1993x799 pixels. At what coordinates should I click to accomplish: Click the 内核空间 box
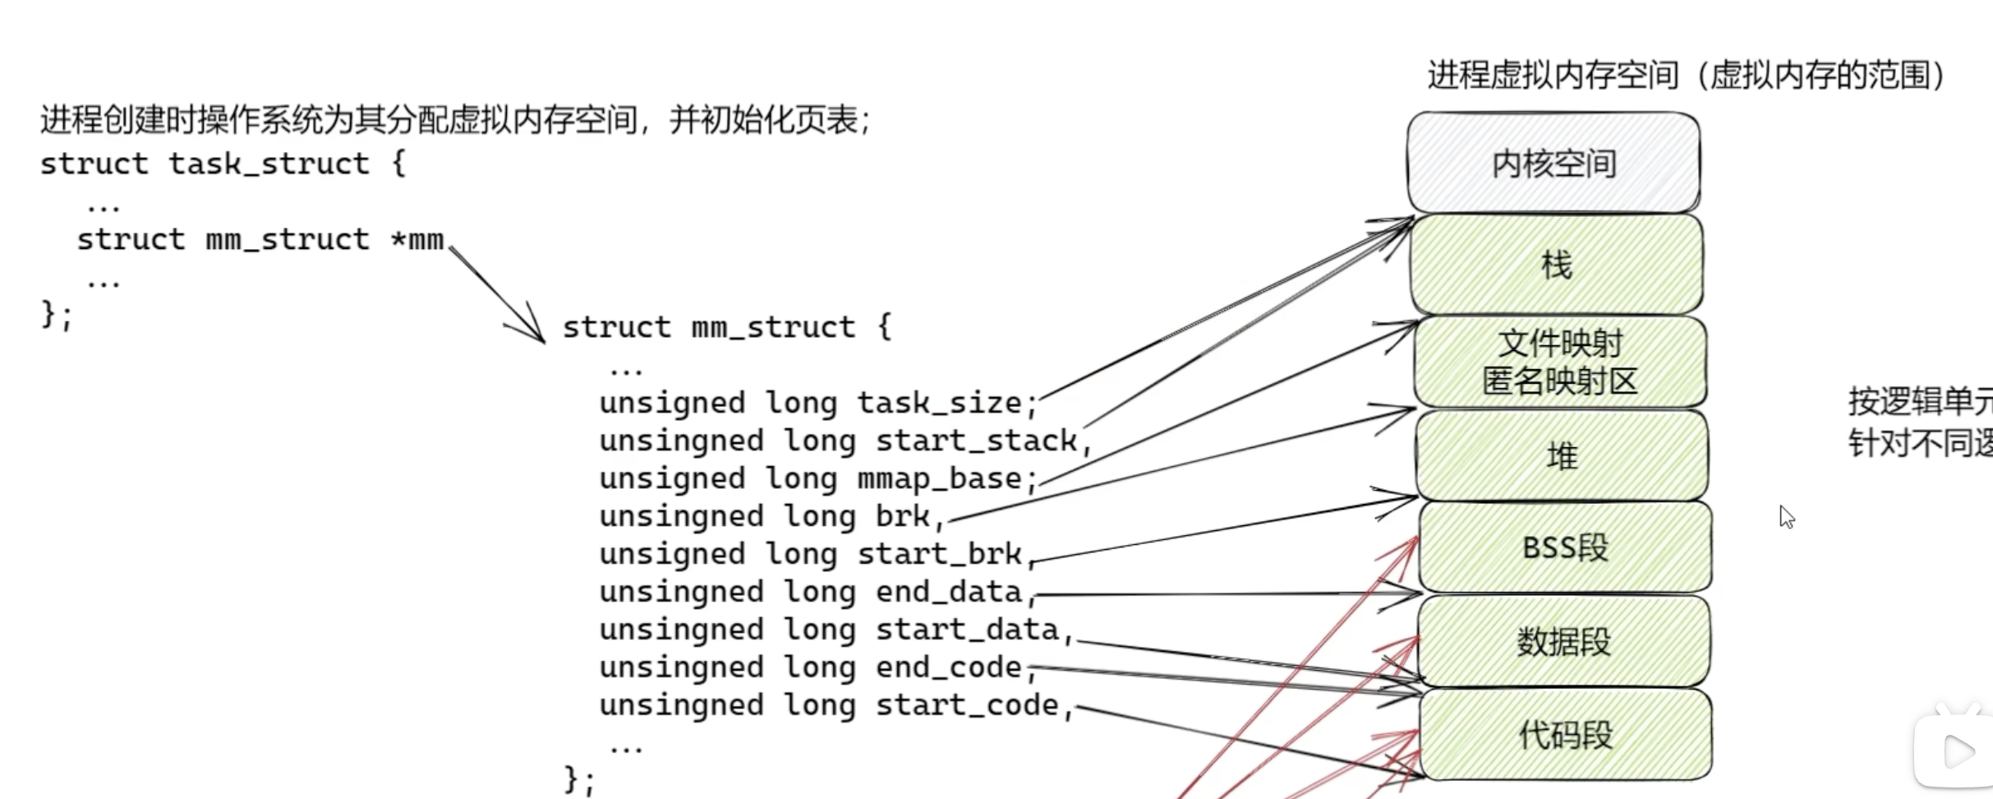tap(1553, 163)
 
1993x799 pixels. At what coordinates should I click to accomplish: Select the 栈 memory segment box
tap(1556, 265)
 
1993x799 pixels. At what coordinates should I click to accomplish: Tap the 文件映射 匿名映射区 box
tap(1559, 362)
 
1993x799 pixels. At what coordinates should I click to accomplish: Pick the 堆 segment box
tap(1562, 455)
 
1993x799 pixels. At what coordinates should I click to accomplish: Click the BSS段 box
tap(1564, 547)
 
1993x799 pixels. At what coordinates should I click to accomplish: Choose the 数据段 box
tap(1563, 641)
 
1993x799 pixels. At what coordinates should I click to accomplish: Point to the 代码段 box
tap(1565, 734)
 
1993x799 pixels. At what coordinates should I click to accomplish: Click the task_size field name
tap(939, 403)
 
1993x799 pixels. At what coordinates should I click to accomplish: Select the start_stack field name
tap(975, 441)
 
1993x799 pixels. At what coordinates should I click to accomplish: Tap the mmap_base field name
tap(939, 478)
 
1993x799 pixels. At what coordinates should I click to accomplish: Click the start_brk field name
tap(939, 554)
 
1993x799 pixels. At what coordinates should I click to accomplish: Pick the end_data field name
tap(948, 592)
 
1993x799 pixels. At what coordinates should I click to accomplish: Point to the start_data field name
tap(966, 630)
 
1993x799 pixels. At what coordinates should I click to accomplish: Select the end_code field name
tap(948, 667)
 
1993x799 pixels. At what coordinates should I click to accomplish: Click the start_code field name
tap(966, 705)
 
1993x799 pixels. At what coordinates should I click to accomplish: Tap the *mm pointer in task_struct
tap(417, 239)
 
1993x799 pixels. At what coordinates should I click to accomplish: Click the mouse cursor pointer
tap(1786, 516)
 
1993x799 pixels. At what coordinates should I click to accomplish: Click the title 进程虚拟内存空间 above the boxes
tap(1553, 76)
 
